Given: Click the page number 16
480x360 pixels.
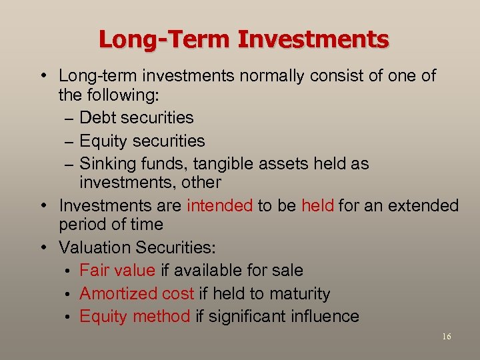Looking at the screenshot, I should pyautogui.click(x=446, y=337).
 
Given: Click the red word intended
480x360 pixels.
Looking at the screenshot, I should pyautogui.click(x=220, y=205).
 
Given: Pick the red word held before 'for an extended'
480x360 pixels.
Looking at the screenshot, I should pyautogui.click(x=317, y=205).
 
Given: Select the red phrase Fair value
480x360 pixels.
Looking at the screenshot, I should pyautogui.click(x=117, y=270).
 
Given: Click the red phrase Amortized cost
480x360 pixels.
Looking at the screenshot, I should pyautogui.click(x=137, y=293).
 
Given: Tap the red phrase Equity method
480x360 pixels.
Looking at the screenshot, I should pyautogui.click(x=135, y=317).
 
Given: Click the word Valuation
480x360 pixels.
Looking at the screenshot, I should pyautogui.click(x=95, y=248).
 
